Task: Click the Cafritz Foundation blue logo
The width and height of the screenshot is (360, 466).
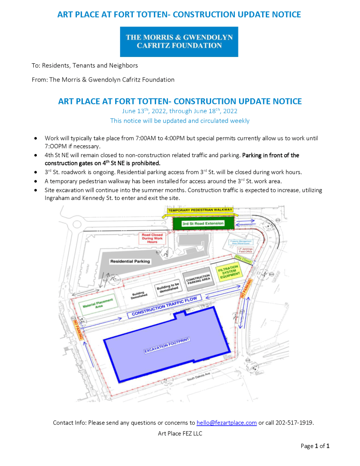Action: pos(179,41)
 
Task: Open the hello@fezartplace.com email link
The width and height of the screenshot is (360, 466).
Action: pos(226,423)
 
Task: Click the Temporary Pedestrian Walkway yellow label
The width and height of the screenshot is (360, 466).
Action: pos(200,210)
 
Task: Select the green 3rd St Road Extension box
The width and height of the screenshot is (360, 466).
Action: pos(203,224)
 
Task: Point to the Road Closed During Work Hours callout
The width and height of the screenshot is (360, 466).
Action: pos(152,237)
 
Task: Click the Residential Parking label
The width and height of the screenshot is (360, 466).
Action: pos(130,261)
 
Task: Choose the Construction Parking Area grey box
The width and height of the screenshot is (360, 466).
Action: pos(198,279)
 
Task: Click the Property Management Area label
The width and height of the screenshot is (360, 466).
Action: pos(241,243)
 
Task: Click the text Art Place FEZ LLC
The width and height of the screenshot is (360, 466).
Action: pos(180,433)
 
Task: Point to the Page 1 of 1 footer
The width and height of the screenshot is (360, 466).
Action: pos(315,446)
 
